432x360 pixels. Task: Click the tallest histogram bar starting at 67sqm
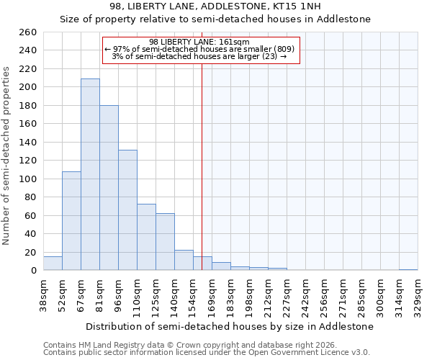click(x=90, y=174)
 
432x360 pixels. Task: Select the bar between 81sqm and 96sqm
click(x=109, y=187)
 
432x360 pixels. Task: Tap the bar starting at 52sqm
click(x=71, y=220)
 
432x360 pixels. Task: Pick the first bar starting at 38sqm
click(x=53, y=264)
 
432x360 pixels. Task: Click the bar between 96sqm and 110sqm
click(x=127, y=210)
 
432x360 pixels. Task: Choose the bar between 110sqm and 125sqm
click(x=146, y=237)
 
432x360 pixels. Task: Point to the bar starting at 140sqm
click(x=184, y=260)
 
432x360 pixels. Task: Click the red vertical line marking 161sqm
click(x=202, y=166)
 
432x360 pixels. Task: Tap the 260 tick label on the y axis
click(x=28, y=32)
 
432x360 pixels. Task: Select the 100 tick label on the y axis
click(x=28, y=179)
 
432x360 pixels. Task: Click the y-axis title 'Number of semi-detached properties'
click(x=6, y=156)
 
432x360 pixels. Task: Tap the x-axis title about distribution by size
click(x=229, y=326)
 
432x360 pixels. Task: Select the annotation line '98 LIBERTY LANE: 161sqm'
click(x=199, y=42)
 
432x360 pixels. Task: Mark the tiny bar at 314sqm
click(x=408, y=269)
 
